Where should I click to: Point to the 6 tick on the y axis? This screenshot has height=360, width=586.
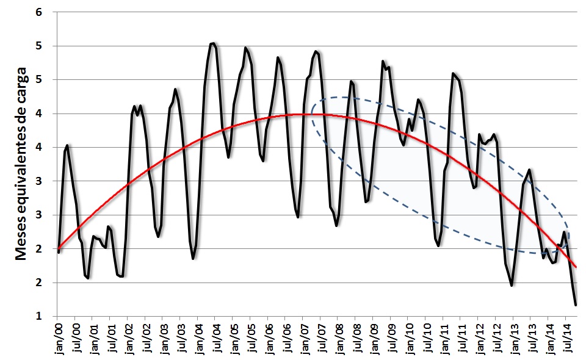[x=46, y=12]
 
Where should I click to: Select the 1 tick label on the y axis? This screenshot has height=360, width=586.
[x=46, y=316]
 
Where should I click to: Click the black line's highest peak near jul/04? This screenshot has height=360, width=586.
[x=213, y=43]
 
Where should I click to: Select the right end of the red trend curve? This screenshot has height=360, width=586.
[x=576, y=267]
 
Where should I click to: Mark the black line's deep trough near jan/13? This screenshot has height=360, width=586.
[x=512, y=285]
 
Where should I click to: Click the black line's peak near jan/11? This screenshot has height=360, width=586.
[x=453, y=73]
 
